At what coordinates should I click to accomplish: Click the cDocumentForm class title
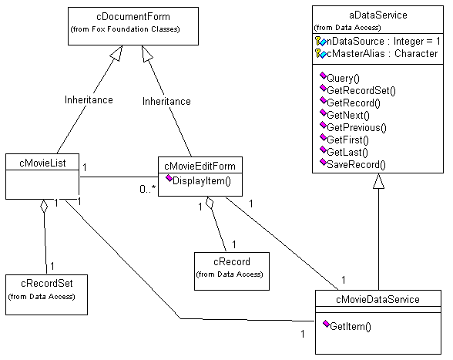(133, 17)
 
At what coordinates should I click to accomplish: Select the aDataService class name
(378, 15)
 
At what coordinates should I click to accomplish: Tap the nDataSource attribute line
(377, 42)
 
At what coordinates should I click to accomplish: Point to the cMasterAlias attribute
(377, 54)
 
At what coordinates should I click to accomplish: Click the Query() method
(340, 78)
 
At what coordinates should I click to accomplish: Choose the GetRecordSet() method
(358, 90)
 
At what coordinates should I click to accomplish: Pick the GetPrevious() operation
(354, 127)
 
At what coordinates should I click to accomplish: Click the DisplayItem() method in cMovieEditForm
(199, 180)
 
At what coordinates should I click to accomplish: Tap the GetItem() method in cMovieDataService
(347, 326)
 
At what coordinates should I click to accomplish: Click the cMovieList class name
(42, 163)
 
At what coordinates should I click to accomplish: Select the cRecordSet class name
(47, 284)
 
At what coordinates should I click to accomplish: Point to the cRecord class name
(232, 261)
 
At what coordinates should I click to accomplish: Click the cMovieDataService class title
(377, 299)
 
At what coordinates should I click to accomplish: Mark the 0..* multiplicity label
(148, 189)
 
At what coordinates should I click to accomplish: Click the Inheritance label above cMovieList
(89, 99)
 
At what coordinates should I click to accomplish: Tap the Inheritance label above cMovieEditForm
(166, 102)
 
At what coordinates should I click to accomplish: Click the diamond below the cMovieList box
(44, 206)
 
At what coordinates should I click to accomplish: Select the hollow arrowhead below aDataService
(378, 181)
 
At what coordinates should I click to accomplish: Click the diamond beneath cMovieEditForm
(210, 203)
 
